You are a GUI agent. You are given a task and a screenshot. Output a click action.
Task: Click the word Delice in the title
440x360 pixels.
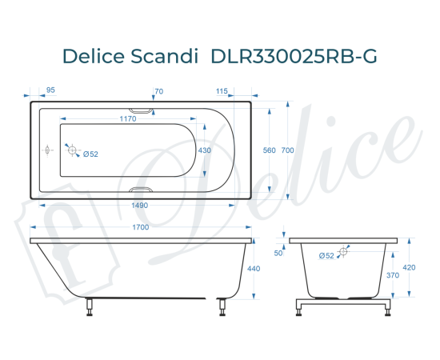click(x=94, y=57)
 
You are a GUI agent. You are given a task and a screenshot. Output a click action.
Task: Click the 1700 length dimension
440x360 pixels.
click(x=139, y=228)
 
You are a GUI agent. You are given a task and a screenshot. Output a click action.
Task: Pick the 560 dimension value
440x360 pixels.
click(x=269, y=150)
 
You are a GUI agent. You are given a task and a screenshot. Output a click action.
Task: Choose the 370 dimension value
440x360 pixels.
click(x=393, y=275)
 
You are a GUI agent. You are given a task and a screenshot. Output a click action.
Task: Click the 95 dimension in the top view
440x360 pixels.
click(x=50, y=91)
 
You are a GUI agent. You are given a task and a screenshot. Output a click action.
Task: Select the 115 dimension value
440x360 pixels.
click(x=222, y=91)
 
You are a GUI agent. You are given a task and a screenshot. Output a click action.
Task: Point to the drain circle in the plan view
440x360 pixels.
click(x=72, y=150)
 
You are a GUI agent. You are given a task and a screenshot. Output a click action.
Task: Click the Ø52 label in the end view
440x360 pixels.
click(x=326, y=255)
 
